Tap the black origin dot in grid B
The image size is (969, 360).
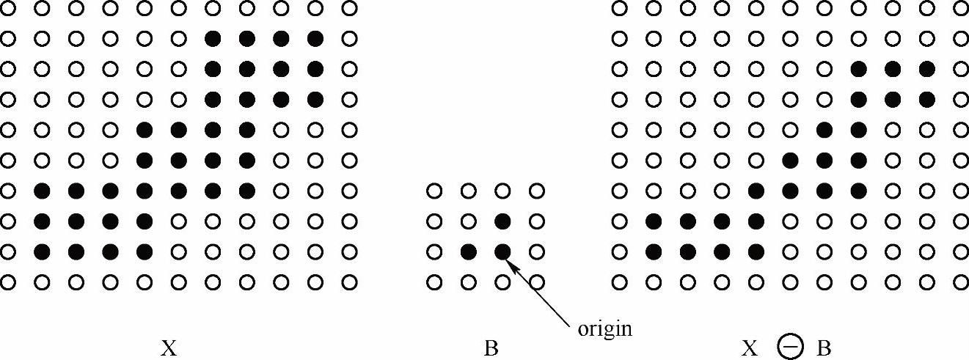[502, 252]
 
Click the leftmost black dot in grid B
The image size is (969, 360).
[468, 252]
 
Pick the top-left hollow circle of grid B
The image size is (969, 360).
[434, 191]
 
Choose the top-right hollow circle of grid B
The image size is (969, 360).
[537, 191]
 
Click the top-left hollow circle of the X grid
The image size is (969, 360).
[8, 8]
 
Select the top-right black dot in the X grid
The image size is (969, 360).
[315, 38]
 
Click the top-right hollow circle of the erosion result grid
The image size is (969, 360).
[961, 8]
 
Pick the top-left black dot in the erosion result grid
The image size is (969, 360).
[858, 69]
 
